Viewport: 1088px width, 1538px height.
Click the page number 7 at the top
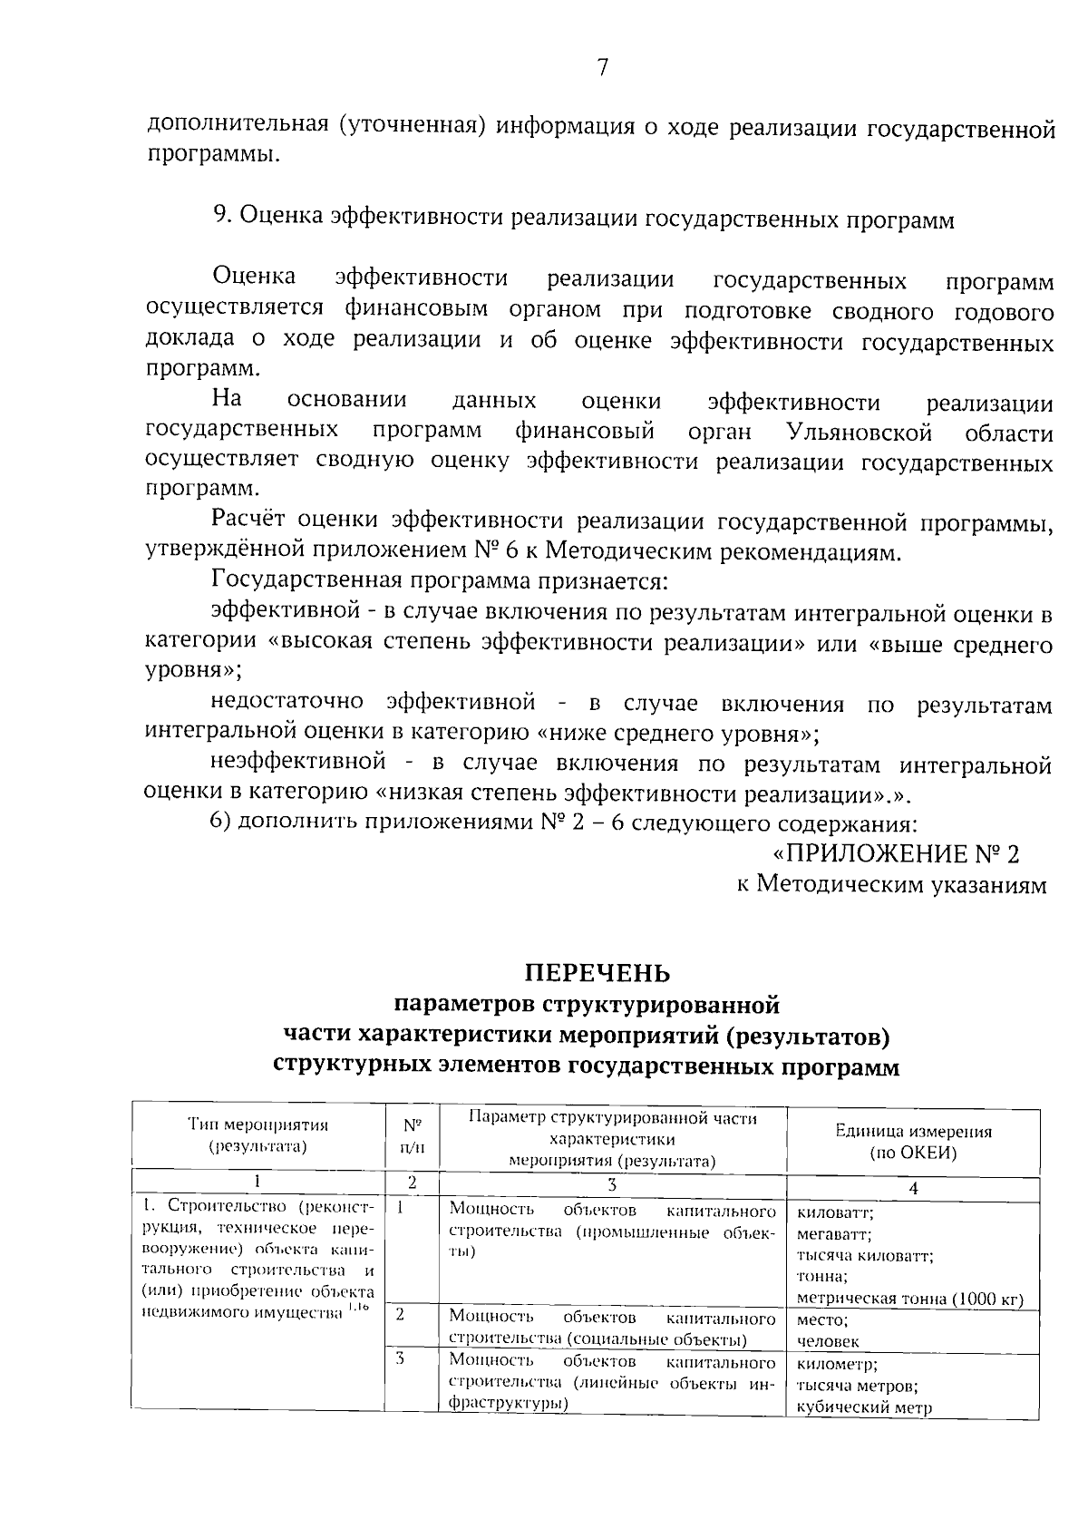click(601, 67)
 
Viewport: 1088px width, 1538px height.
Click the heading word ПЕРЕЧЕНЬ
click(598, 973)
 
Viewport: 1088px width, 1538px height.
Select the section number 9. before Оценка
click(224, 219)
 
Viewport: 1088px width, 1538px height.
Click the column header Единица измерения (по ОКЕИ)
click(912, 1142)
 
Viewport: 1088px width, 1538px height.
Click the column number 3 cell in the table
click(612, 1183)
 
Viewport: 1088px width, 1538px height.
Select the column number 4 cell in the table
click(912, 1188)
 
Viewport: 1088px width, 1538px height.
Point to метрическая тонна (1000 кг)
click(910, 1299)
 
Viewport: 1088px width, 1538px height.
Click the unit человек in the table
click(828, 1341)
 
